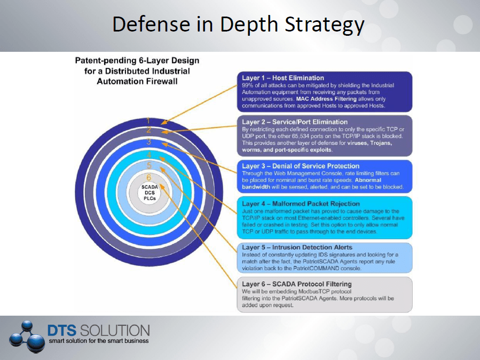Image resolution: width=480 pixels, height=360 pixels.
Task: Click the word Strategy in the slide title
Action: pyautogui.click(x=325, y=25)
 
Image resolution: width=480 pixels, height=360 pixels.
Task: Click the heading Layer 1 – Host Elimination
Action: pyautogui.click(x=283, y=78)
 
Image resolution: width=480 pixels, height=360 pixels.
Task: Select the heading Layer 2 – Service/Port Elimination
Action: pyautogui.click(x=295, y=122)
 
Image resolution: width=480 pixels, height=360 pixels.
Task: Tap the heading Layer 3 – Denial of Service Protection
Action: pyautogui.click(x=301, y=166)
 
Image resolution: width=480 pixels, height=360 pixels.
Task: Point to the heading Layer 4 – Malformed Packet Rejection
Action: pyautogui.click(x=301, y=204)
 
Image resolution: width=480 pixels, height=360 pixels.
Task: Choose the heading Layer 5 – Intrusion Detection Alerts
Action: pyautogui.click(x=297, y=247)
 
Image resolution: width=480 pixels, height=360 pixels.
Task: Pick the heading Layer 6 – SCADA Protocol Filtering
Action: pyautogui.click(x=297, y=284)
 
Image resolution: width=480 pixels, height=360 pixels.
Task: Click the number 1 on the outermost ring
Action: pyautogui.click(x=148, y=121)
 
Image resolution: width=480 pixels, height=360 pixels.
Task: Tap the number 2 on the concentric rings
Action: pyautogui.click(x=149, y=130)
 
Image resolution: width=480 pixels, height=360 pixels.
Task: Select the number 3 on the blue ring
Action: pyautogui.click(x=149, y=142)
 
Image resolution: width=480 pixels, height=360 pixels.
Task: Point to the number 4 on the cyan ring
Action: pyautogui.click(x=149, y=154)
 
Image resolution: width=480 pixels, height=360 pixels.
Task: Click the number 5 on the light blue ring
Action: pyautogui.click(x=149, y=166)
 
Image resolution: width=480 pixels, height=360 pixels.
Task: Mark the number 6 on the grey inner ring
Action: pyautogui.click(x=149, y=177)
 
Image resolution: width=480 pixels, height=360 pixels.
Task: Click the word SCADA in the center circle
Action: pyautogui.click(x=149, y=187)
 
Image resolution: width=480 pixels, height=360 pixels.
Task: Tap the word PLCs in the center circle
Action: pyautogui.click(x=149, y=198)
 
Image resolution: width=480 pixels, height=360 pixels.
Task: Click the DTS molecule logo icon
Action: pyautogui.click(x=27, y=336)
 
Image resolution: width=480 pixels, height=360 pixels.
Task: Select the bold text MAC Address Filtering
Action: pyautogui.click(x=326, y=99)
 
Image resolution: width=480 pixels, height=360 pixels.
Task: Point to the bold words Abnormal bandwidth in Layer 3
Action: pyautogui.click(x=312, y=183)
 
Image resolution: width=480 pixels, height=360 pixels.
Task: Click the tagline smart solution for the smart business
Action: pyautogui.click(x=99, y=341)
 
